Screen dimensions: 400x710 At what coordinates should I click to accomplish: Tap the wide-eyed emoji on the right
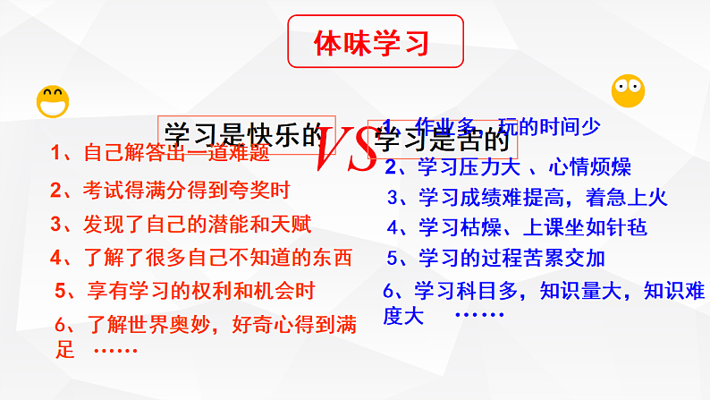pos(628,90)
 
